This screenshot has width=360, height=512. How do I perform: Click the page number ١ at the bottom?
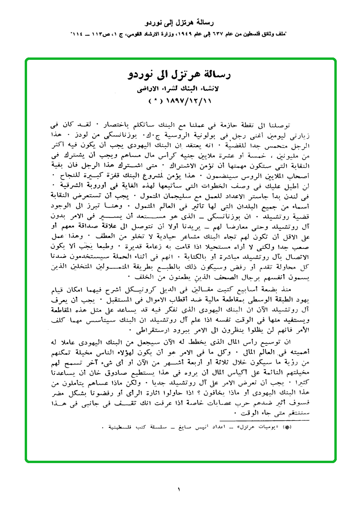180,489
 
